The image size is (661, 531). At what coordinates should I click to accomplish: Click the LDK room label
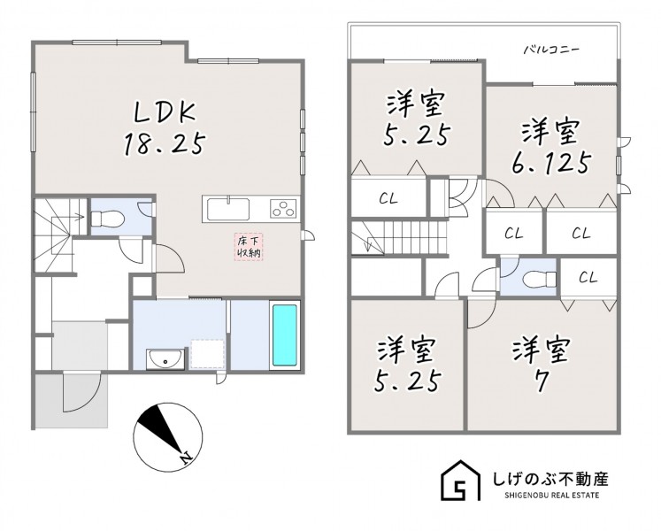pyautogui.click(x=165, y=114)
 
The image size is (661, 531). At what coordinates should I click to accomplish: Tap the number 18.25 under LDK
pyautogui.click(x=165, y=143)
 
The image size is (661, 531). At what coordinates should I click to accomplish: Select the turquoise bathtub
pyautogui.click(x=285, y=335)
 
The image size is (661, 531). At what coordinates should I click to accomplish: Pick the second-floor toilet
pyautogui.click(x=539, y=279)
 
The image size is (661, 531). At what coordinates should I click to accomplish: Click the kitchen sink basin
pyautogui.click(x=227, y=209)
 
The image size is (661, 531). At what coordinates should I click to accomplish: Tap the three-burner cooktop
pyautogui.click(x=283, y=208)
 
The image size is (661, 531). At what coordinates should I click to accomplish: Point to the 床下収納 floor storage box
pyautogui.click(x=249, y=247)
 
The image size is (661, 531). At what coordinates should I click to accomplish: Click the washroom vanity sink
pyautogui.click(x=165, y=360)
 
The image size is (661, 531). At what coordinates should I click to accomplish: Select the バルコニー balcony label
pyautogui.click(x=552, y=50)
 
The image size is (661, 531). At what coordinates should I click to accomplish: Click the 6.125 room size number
pyautogui.click(x=550, y=163)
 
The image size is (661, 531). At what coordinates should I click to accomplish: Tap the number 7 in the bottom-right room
pyautogui.click(x=542, y=381)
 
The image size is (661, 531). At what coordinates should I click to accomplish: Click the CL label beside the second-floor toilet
pyautogui.click(x=588, y=277)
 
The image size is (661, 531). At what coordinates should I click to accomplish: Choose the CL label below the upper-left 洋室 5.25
pyautogui.click(x=388, y=198)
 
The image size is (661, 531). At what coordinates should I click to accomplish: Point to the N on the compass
pyautogui.click(x=185, y=457)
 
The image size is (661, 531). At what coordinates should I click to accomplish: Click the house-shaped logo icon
pyautogui.click(x=461, y=481)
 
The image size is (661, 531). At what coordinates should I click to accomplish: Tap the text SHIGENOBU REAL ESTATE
pyautogui.click(x=551, y=496)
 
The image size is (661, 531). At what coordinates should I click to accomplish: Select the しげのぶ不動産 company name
pyautogui.click(x=551, y=479)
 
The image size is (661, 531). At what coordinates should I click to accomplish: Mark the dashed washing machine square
pyautogui.click(x=207, y=354)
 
